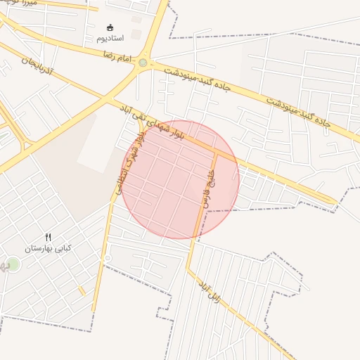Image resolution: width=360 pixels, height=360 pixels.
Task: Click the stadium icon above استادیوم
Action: click(x=109, y=27)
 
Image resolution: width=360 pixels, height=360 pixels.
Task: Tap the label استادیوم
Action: click(x=110, y=37)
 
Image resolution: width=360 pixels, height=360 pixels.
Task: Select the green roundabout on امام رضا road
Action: click(x=143, y=63)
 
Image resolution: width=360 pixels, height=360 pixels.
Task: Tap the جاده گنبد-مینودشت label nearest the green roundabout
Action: click(x=198, y=79)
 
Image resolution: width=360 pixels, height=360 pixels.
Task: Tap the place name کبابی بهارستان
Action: click(x=49, y=248)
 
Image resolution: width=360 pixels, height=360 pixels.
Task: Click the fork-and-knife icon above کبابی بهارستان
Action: click(x=48, y=237)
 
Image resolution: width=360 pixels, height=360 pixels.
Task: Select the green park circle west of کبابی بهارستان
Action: click(x=13, y=264)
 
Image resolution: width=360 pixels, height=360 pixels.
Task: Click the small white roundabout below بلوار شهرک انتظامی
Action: click(x=106, y=259)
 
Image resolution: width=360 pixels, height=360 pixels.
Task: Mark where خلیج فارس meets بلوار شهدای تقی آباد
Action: click(x=216, y=148)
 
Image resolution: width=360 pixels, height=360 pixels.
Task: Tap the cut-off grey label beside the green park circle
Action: click(x=3, y=266)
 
